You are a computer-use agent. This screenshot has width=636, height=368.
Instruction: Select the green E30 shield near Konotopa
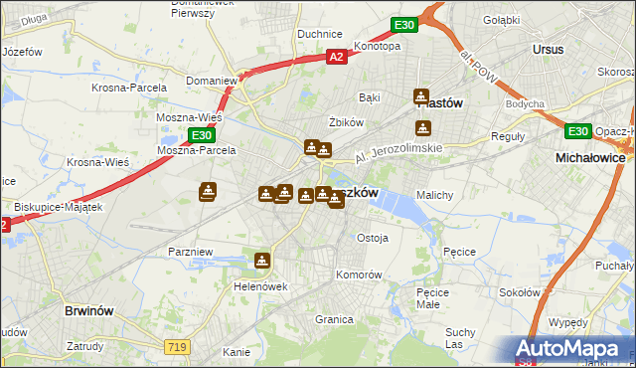402,24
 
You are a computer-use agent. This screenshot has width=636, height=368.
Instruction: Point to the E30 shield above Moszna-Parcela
201,134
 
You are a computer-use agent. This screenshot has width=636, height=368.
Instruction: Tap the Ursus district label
548,49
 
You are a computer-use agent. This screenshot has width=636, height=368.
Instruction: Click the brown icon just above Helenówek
261,262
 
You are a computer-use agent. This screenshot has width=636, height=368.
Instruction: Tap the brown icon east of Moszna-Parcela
208,191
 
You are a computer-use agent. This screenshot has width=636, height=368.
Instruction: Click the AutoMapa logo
568,348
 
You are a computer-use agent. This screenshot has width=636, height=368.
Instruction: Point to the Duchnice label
320,34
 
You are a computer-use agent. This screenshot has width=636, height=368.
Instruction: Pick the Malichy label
435,195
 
